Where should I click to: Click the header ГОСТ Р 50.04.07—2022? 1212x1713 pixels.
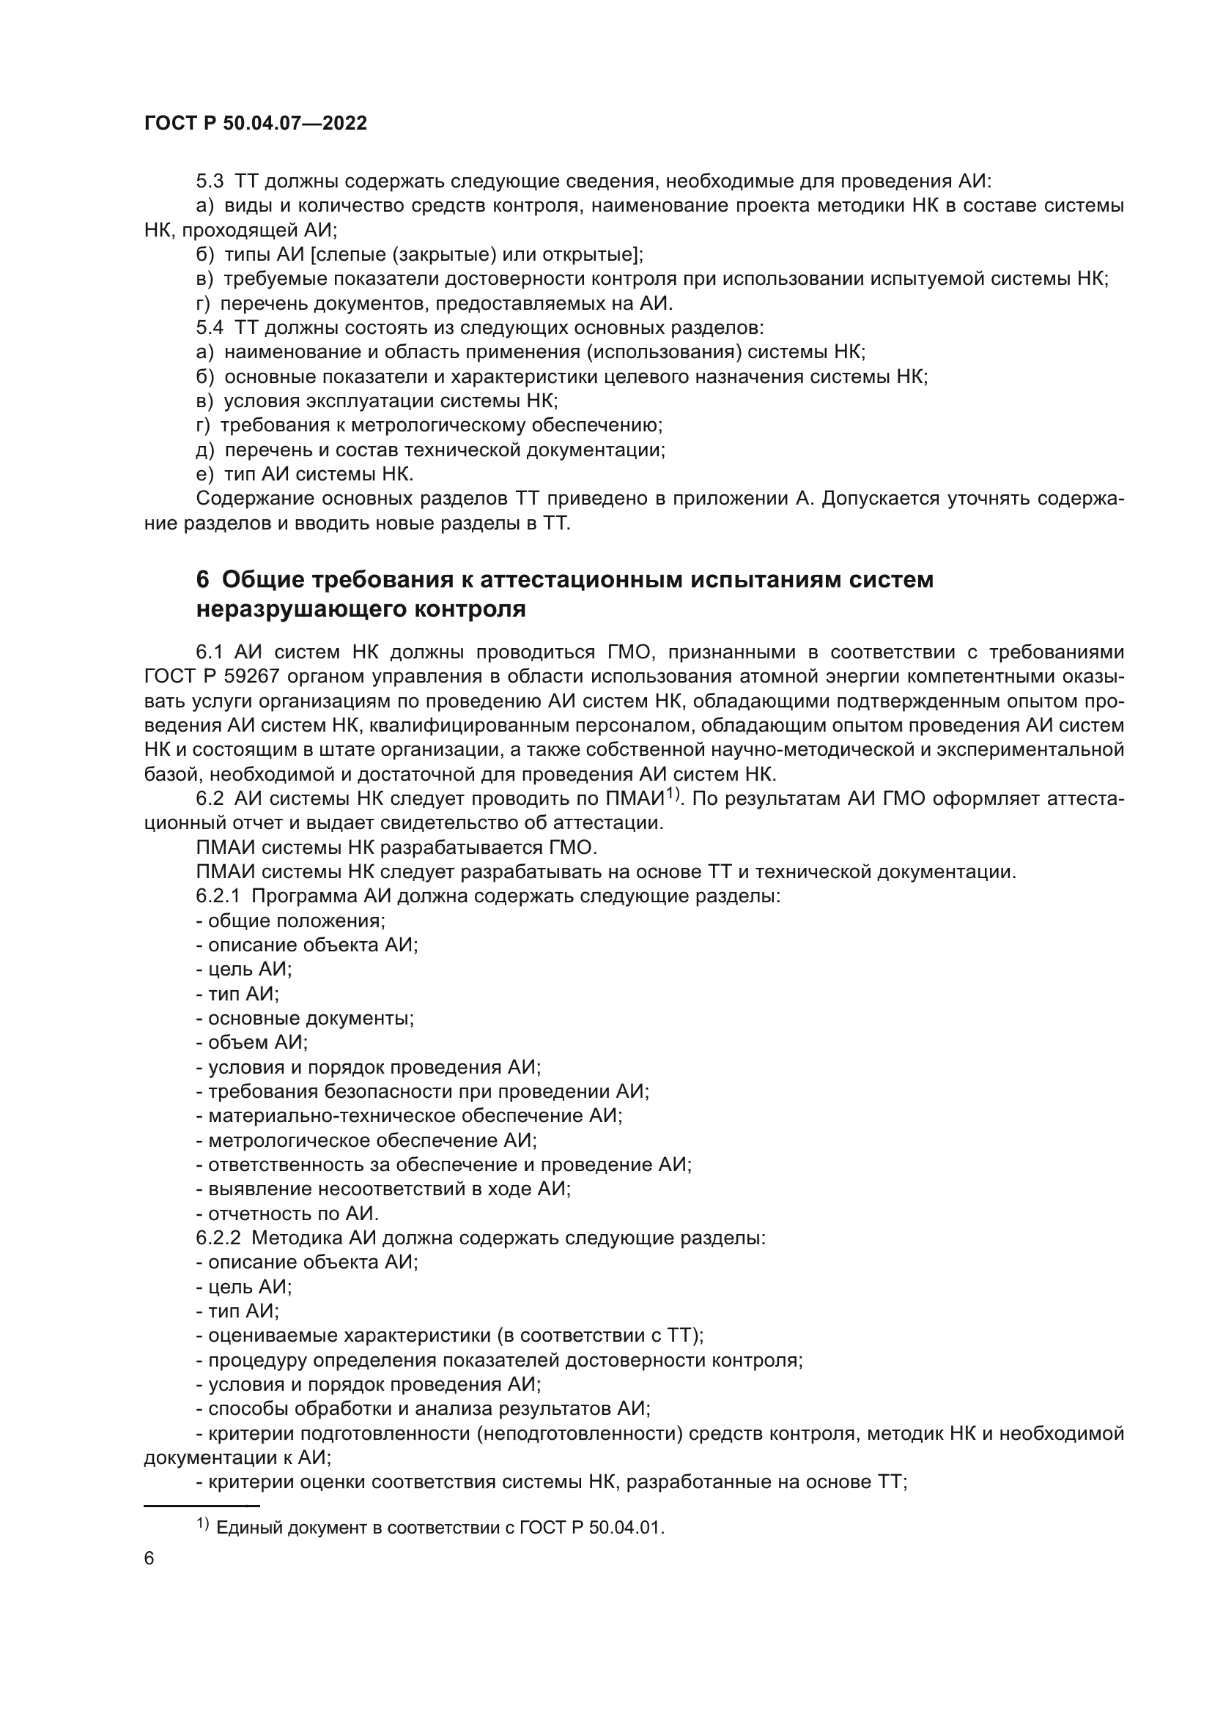[255, 124]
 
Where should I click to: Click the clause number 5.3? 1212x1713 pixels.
[210, 182]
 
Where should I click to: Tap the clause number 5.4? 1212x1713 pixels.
[210, 327]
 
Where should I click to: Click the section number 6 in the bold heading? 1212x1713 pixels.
[202, 580]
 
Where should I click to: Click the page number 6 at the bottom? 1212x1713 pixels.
[149, 1558]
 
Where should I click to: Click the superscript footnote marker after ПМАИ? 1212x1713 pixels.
[674, 793]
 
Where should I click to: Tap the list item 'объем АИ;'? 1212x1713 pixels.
[251, 1042]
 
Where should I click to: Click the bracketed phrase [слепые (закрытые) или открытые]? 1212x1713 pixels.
[475, 254]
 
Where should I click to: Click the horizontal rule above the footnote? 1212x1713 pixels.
[202, 1506]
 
